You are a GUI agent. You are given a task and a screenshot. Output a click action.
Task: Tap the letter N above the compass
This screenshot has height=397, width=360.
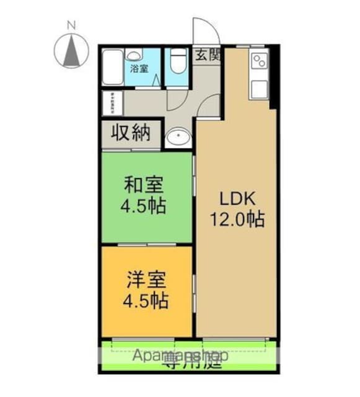(71, 25)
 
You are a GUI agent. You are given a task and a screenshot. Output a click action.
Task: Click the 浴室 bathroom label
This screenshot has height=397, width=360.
(139, 68)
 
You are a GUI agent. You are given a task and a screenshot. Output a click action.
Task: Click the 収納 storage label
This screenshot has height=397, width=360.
(131, 133)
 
